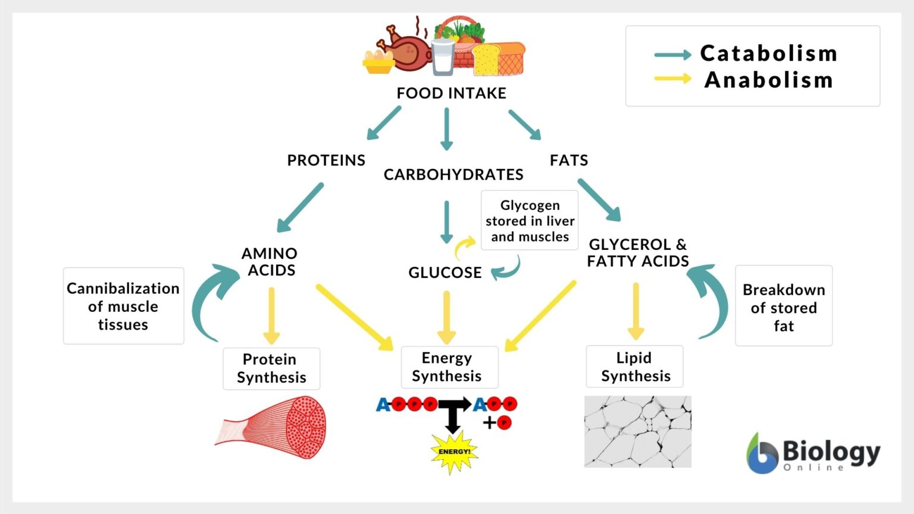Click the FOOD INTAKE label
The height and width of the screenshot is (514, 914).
pos(451,93)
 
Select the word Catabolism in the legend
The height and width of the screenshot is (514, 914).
pos(768,54)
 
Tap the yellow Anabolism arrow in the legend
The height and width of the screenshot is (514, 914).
pos(672,79)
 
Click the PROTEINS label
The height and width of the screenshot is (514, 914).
pos(326,161)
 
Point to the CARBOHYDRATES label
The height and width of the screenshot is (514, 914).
pos(453,174)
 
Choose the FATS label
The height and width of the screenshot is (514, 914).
pos(569,161)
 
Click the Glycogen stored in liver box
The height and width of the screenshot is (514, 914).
pos(530,221)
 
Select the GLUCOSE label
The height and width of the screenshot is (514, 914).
pos(445,272)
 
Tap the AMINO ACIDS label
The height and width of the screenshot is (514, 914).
pos(270,262)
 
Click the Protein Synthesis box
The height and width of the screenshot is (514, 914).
pos(271,369)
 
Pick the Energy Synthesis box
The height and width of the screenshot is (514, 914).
pos(449,367)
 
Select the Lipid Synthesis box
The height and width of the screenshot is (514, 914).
pos(635,366)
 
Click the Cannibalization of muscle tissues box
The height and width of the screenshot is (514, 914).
pos(123,306)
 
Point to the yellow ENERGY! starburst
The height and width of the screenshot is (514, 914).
pos(454,452)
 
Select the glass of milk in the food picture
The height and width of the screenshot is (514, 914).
pos(443,57)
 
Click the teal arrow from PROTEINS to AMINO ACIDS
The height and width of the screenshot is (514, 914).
pos(301,207)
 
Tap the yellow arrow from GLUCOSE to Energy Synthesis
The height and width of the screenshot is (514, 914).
pos(446,316)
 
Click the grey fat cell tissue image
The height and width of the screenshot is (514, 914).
pos(637,431)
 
